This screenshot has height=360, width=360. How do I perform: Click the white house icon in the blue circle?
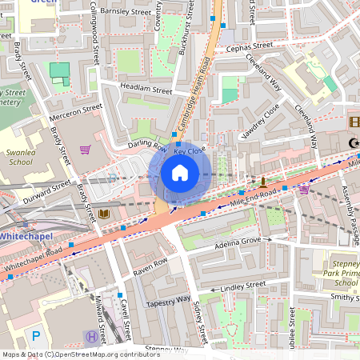180,173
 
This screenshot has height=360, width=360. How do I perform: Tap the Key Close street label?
190,150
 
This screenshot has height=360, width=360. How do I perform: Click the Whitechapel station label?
26,238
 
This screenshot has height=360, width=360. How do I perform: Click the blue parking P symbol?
34,335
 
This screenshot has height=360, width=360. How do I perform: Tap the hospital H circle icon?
91,337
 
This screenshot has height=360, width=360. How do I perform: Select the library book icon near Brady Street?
104,214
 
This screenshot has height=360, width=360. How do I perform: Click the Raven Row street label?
150,266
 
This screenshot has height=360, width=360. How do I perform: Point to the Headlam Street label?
146,90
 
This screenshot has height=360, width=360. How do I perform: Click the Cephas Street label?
250,47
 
